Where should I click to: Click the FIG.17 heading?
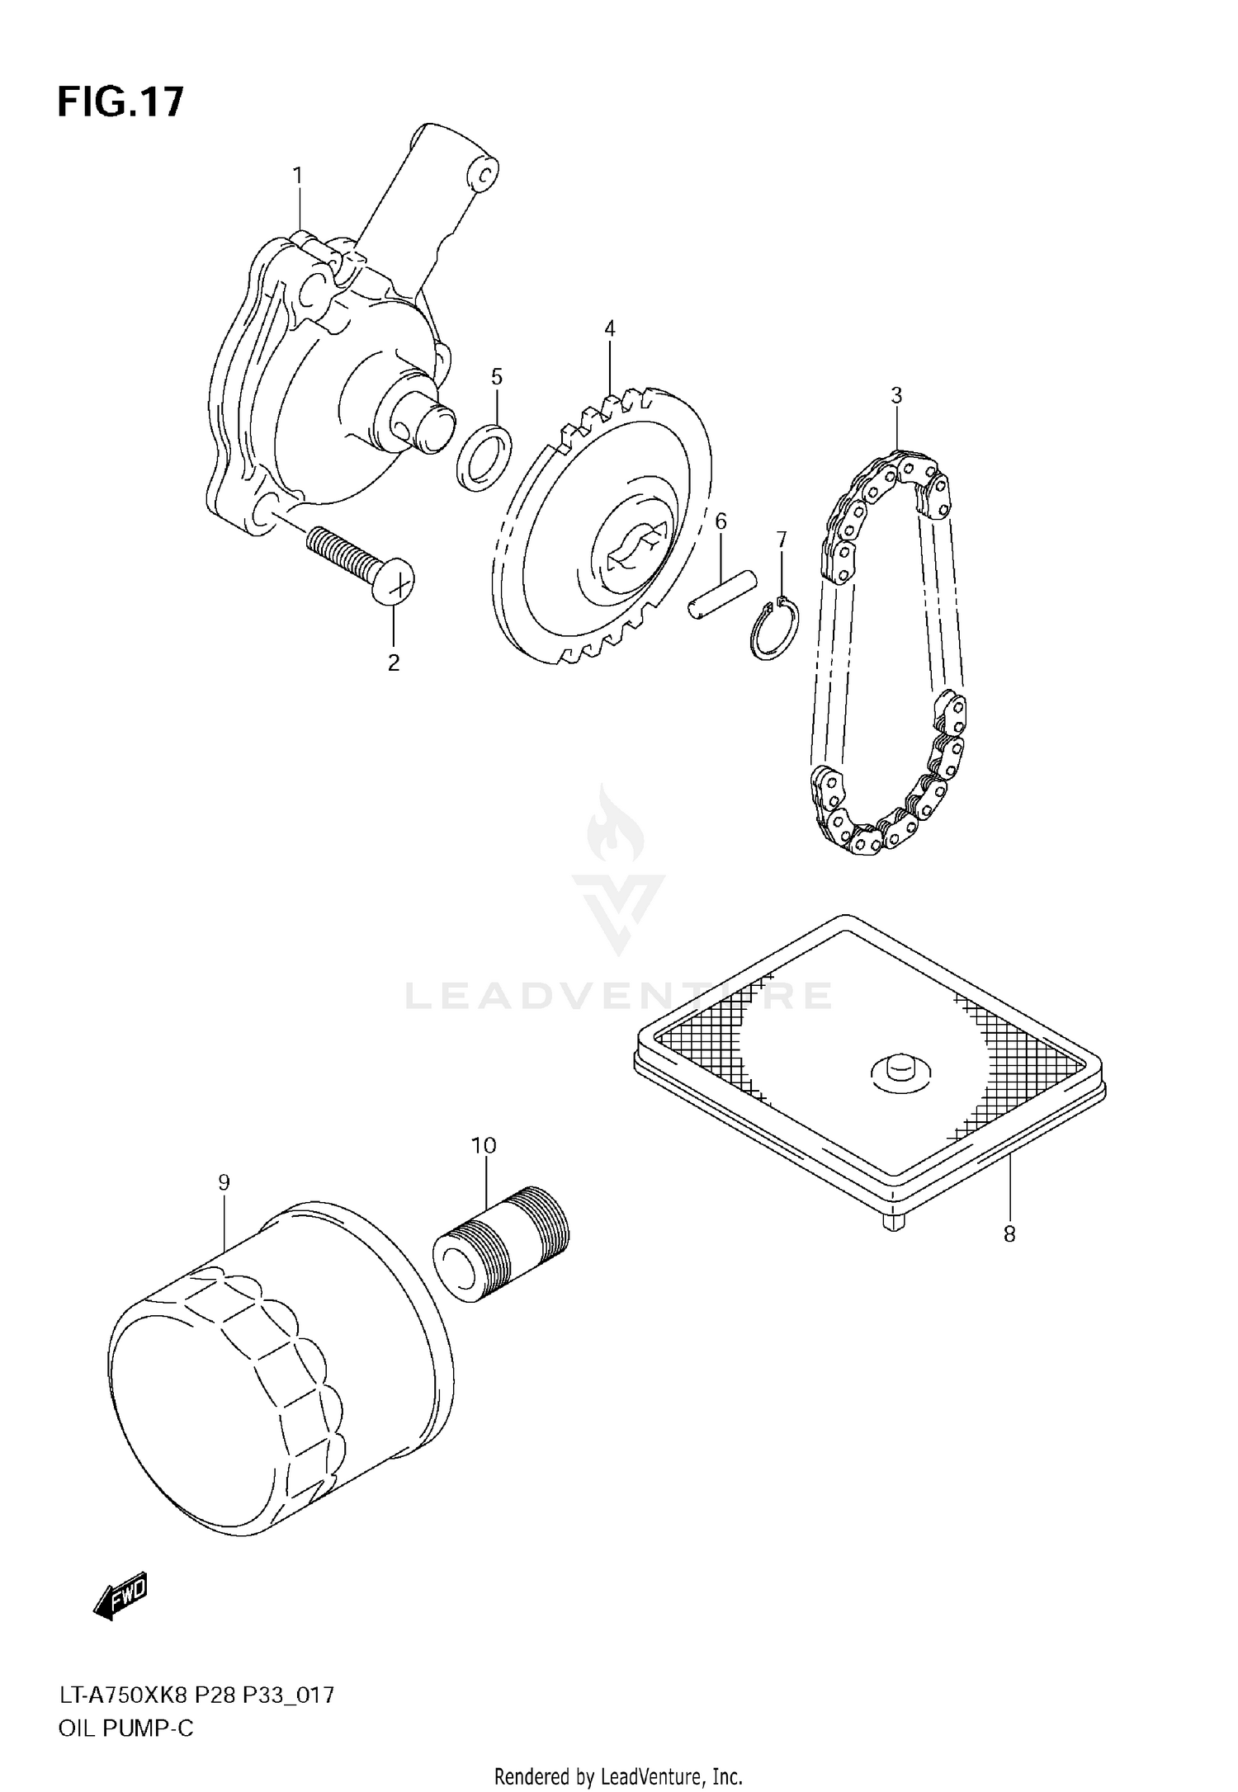click(120, 103)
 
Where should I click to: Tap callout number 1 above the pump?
click(297, 176)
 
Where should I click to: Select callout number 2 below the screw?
click(394, 663)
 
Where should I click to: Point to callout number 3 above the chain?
click(896, 395)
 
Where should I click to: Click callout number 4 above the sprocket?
click(609, 329)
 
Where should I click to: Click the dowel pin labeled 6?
click(721, 592)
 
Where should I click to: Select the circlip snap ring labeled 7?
click(774, 630)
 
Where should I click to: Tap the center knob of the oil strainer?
click(900, 1068)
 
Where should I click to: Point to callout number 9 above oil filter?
click(224, 1182)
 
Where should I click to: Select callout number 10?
click(484, 1145)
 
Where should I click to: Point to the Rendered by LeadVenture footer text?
click(618, 1775)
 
